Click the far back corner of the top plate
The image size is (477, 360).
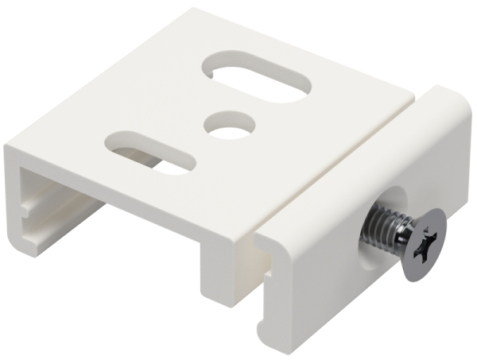[195, 11]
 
